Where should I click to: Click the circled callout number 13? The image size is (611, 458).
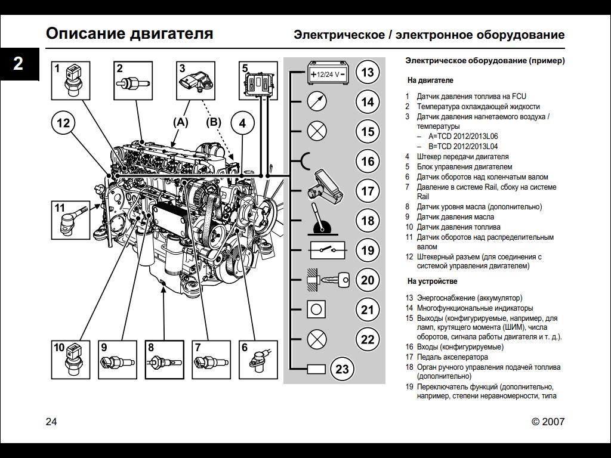(x=368, y=73)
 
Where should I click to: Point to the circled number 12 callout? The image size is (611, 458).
(x=63, y=123)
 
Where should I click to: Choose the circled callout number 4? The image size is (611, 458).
(x=242, y=123)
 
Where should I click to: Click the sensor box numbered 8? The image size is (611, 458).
(x=164, y=360)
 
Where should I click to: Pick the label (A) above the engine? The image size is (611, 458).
(x=180, y=122)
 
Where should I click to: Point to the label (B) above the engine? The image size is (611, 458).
(x=214, y=122)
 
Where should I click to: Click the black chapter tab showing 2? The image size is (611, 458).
(x=18, y=63)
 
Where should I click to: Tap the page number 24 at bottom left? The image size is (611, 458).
(x=51, y=422)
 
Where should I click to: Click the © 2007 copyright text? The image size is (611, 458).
(x=548, y=422)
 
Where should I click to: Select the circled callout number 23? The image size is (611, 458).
(x=342, y=369)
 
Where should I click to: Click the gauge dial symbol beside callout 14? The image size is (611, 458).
(x=317, y=101)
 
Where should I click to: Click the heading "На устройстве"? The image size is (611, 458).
(x=433, y=281)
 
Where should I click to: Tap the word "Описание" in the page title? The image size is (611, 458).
(x=84, y=33)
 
